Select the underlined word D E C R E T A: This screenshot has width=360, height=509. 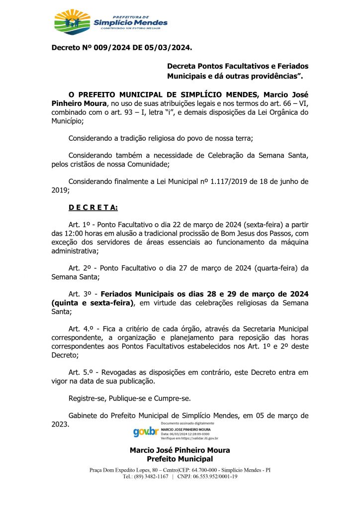[x=93, y=207]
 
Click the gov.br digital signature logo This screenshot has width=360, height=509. [x=145, y=431]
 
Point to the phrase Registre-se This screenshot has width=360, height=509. [x=85, y=398]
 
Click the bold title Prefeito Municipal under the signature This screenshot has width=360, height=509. [x=180, y=458]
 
